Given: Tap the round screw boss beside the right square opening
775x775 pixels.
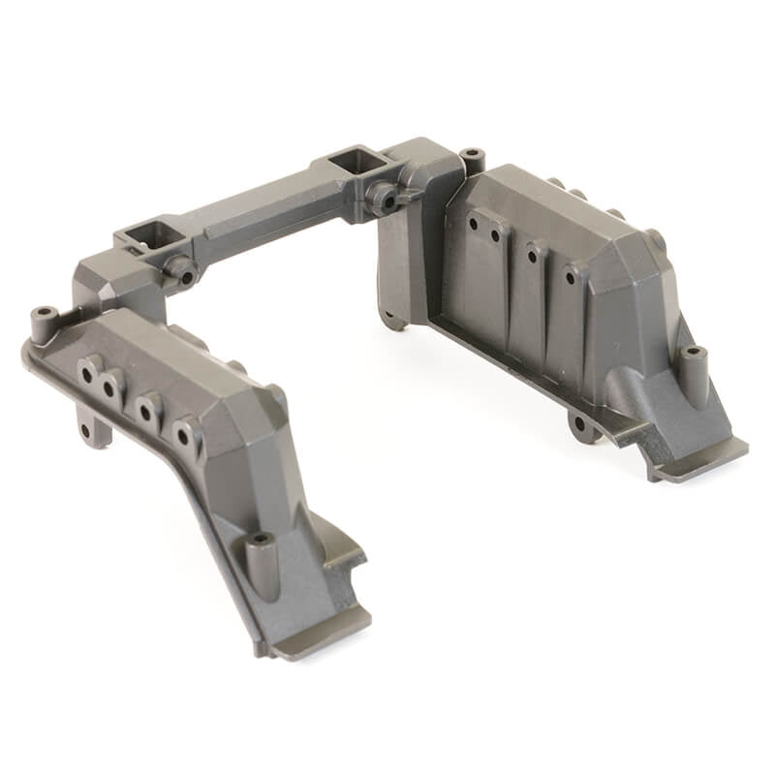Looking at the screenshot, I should (387, 201).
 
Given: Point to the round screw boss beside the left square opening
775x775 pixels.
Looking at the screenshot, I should (182, 273).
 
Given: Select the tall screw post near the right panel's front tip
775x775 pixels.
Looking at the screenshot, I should (693, 365).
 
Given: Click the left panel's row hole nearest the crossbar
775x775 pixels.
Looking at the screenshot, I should (91, 370).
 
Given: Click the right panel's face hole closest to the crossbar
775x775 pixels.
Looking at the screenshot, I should (474, 224).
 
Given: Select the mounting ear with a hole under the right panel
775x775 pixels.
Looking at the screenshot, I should (580, 423).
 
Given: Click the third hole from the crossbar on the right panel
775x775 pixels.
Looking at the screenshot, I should (532, 256).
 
